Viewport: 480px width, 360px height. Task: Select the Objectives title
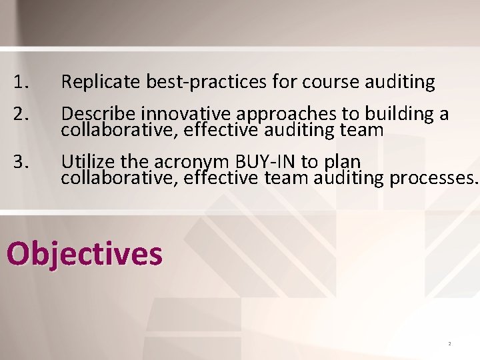pyautogui.click(x=84, y=254)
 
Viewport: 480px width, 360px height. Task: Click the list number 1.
pyautogui.click(x=21, y=83)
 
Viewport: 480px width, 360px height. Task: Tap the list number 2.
pyautogui.click(x=21, y=114)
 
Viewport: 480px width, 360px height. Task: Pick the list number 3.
pyautogui.click(x=21, y=162)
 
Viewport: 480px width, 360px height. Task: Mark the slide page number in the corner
pyautogui.click(x=449, y=343)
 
